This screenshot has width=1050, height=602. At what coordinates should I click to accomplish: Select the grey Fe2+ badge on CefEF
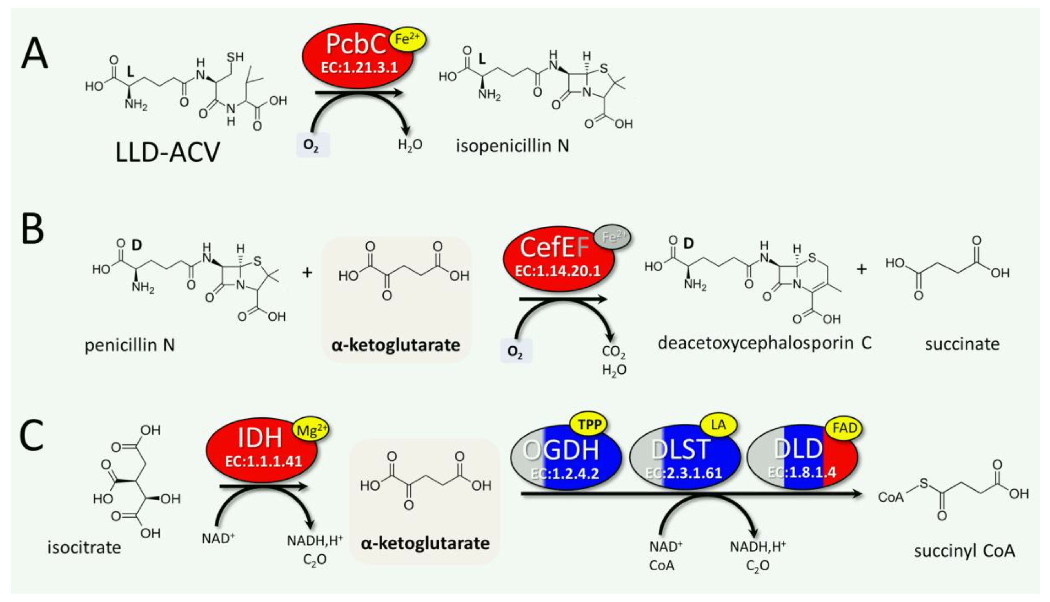(x=613, y=237)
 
